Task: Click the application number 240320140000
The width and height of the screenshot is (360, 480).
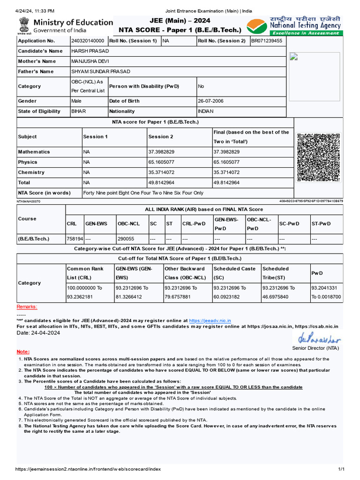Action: [x=88, y=41]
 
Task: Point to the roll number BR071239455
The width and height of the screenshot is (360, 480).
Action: [x=267, y=41]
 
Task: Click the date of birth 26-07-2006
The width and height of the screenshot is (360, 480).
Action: [x=211, y=101]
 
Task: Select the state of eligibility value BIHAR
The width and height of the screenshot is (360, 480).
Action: [x=78, y=111]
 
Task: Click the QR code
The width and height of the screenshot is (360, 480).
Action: [x=318, y=157]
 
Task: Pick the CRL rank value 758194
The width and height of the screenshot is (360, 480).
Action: [x=75, y=239]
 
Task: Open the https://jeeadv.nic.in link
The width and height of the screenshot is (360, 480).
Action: [x=210, y=320]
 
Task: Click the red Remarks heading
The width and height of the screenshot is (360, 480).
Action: [x=27, y=307]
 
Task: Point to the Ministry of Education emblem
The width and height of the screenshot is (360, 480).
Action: [x=23, y=26]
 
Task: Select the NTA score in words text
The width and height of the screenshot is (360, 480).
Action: [x=143, y=193]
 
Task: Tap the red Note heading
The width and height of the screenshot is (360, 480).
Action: [x=23, y=352]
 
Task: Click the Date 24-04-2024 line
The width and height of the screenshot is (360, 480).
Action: [x=38, y=332]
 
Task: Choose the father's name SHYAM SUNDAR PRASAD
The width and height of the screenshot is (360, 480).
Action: [x=100, y=72]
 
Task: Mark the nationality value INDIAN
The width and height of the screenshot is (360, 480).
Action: [x=205, y=111]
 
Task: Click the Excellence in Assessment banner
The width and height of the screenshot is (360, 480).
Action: [x=306, y=33]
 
